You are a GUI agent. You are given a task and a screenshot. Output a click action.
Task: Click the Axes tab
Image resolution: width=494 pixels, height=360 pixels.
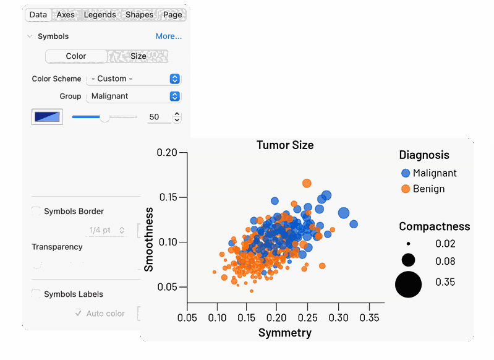pyautogui.click(x=66, y=15)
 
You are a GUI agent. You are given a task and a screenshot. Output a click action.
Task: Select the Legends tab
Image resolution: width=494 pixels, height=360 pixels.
pyautogui.click(x=100, y=15)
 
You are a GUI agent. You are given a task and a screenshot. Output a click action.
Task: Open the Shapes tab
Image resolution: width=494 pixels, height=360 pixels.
pyautogui.click(x=139, y=15)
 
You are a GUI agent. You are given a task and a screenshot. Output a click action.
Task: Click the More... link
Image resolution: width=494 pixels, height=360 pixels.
pyautogui.click(x=169, y=36)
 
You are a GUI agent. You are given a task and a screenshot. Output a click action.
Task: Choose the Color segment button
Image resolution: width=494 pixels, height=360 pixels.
pyautogui.click(x=76, y=56)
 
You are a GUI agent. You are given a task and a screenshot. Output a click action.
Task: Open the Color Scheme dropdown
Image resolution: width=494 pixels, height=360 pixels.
pyautogui.click(x=133, y=79)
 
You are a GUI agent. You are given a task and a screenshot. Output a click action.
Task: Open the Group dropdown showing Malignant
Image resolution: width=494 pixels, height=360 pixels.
pyautogui.click(x=133, y=96)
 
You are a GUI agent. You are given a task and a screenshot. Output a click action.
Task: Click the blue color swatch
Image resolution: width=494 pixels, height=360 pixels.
pyautogui.click(x=47, y=117)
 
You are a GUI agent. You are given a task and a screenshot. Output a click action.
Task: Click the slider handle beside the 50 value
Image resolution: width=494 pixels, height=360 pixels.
pyautogui.click(x=104, y=117)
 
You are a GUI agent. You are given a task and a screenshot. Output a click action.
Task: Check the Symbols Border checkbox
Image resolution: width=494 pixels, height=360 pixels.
pyautogui.click(x=36, y=212)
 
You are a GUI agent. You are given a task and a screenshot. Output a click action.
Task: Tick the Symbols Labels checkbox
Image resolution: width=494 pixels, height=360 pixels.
pyautogui.click(x=36, y=294)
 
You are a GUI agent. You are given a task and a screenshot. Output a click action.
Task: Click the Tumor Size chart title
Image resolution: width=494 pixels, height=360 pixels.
pyautogui.click(x=285, y=145)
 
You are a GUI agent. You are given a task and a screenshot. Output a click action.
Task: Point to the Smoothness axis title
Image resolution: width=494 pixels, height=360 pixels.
pyautogui.click(x=149, y=239)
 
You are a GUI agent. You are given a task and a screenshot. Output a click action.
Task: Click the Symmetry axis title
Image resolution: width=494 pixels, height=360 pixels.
pyautogui.click(x=284, y=333)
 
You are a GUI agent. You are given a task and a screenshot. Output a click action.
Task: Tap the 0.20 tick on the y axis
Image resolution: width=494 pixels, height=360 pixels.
pyautogui.click(x=167, y=153)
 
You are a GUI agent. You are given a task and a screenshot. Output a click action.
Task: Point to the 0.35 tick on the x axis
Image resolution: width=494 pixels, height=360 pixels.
pyautogui.click(x=368, y=317)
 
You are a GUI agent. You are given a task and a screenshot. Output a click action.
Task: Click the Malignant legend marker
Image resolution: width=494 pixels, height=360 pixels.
pyautogui.click(x=406, y=173)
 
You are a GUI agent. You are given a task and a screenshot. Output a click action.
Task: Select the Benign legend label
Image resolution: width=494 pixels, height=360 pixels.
pyautogui.click(x=428, y=189)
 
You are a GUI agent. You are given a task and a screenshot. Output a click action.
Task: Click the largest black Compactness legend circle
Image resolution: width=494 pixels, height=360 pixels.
pyautogui.click(x=408, y=284)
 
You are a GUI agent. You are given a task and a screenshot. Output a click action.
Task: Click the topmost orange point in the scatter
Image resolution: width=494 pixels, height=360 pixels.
pyautogui.click(x=307, y=183)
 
